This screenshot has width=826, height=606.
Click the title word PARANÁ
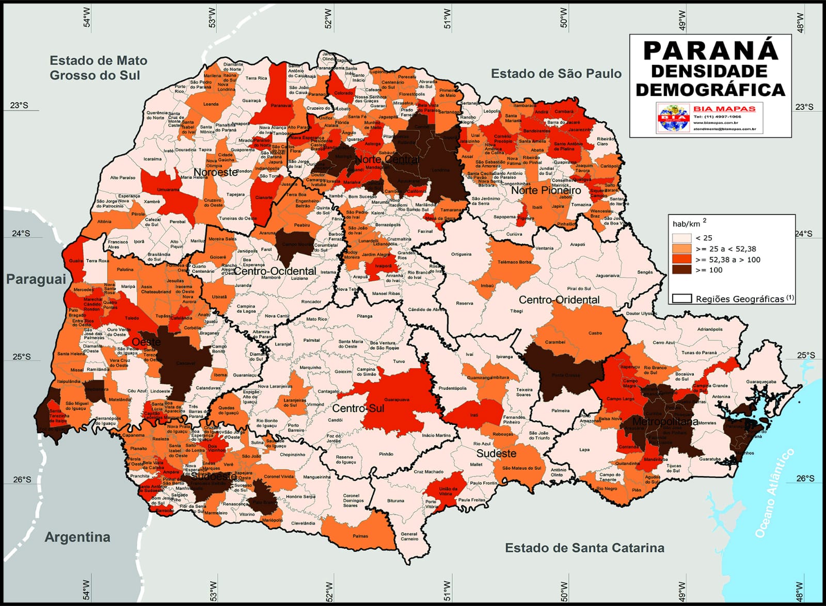710,51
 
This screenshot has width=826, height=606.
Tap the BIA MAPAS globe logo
674,118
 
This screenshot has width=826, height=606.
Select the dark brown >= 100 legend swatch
681,270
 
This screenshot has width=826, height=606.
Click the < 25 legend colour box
681,238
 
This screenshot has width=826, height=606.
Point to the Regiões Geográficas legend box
681,299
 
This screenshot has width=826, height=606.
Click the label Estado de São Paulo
556,74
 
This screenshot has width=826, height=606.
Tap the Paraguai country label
36,279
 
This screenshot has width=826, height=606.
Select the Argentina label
77,537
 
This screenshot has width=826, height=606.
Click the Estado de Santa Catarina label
584,548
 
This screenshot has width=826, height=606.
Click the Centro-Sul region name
358,408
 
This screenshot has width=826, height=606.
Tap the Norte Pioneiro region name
546,190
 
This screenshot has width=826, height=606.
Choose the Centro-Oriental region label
559,300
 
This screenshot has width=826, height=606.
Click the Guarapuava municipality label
396,399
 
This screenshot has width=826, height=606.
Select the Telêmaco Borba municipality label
514,262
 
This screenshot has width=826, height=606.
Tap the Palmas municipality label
360,536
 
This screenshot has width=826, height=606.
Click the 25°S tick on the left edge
22,356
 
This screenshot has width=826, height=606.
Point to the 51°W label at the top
447,19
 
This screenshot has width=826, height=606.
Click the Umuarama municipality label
168,189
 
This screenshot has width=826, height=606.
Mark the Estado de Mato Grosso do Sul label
98,68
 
